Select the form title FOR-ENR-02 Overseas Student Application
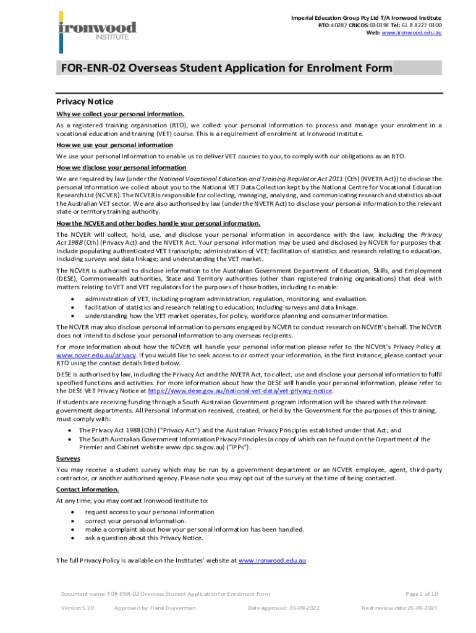[x=223, y=68]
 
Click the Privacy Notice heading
[x=85, y=101]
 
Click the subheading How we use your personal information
[x=114, y=145]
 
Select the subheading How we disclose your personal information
[x=121, y=168]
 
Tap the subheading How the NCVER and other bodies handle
[x=158, y=224]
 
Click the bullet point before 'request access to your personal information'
[x=73, y=512]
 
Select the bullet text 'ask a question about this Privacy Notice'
[x=144, y=538]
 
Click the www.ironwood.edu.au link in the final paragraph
[x=272, y=560]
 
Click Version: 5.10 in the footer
[x=77, y=608]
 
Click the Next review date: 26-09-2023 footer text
[x=399, y=608]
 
